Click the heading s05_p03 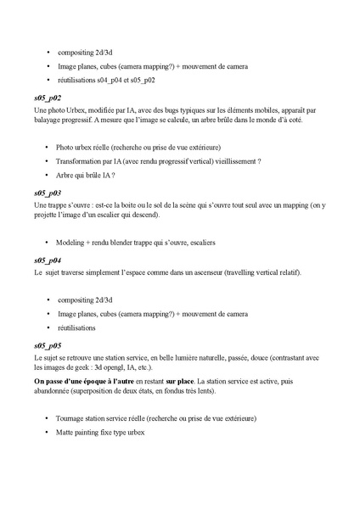coord(48,193)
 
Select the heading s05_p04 coord(48,260)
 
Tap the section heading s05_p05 coord(48,346)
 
